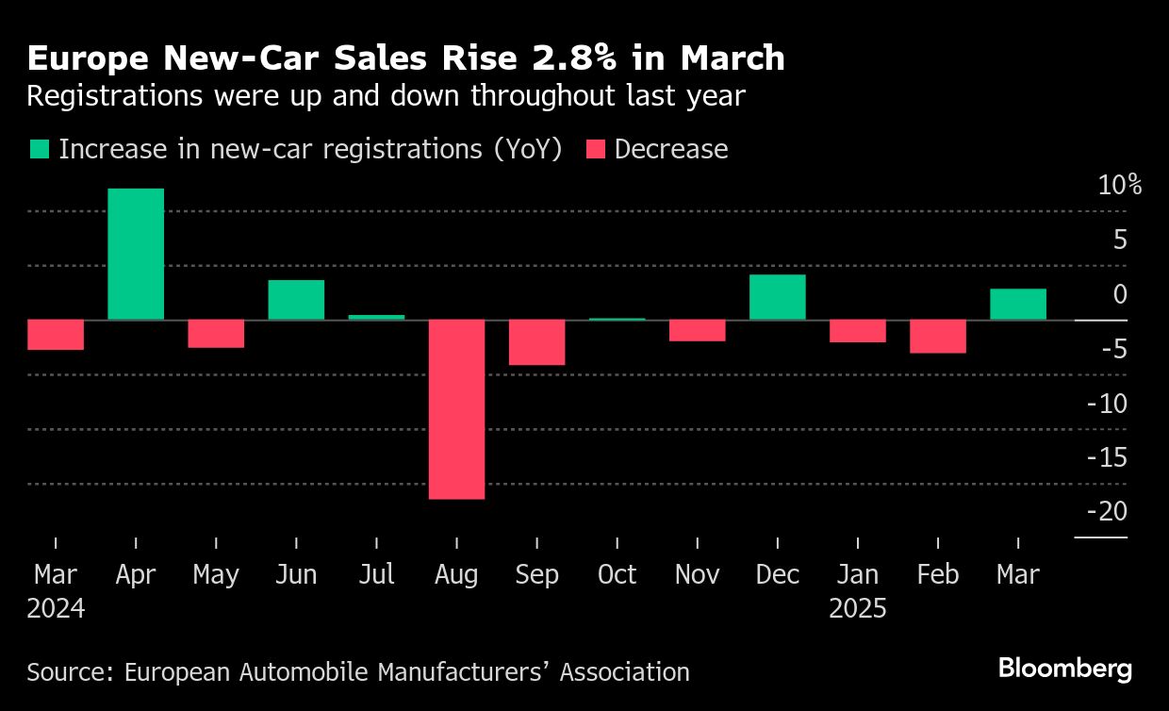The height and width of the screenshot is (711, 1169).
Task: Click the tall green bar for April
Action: (x=136, y=254)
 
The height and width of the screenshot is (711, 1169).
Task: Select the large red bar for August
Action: (x=456, y=409)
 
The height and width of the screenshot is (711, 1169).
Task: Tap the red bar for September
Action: (x=536, y=342)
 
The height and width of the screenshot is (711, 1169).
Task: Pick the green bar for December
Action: (x=777, y=297)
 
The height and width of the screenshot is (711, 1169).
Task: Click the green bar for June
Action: (x=296, y=300)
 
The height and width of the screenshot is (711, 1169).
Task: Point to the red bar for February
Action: (x=937, y=337)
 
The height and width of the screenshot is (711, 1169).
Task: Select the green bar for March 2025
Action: (x=1017, y=304)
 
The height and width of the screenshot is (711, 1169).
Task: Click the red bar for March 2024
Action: (x=56, y=335)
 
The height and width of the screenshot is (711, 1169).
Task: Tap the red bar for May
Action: (x=216, y=334)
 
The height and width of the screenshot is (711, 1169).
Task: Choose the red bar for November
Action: (x=697, y=330)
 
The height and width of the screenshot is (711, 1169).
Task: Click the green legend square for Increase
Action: (x=39, y=150)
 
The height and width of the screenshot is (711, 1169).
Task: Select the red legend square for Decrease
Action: (x=595, y=150)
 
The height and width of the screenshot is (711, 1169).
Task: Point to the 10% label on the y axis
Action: (x=1119, y=186)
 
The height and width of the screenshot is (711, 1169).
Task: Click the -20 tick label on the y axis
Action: (x=1107, y=511)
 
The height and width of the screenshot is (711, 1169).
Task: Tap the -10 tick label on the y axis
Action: (x=1107, y=404)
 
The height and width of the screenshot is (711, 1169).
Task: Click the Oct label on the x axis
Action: (x=617, y=574)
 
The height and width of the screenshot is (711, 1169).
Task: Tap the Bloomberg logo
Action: (x=1065, y=670)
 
